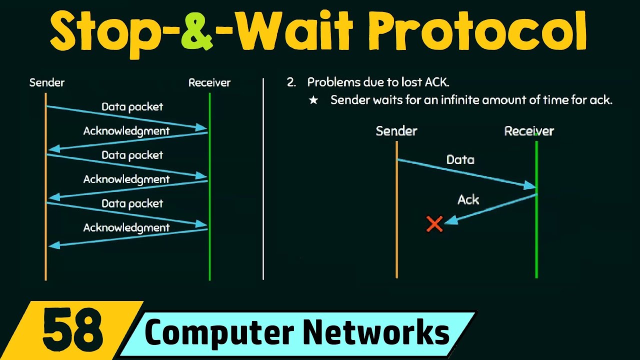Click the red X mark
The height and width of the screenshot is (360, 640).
click(434, 224)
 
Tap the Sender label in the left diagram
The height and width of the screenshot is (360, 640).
click(47, 82)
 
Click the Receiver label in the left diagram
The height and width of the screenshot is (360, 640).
click(209, 82)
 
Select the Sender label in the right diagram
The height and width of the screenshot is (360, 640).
click(396, 131)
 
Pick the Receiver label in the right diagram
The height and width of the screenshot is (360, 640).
click(529, 131)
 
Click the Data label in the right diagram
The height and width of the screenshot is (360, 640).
click(460, 159)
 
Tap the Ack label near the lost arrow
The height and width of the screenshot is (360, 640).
click(468, 199)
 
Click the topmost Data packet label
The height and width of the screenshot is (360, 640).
click(132, 106)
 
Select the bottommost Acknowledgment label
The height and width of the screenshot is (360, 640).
click(126, 227)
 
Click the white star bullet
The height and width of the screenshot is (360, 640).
click(313, 100)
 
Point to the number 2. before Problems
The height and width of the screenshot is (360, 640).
click(291, 82)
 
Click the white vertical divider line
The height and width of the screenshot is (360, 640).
click(263, 180)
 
